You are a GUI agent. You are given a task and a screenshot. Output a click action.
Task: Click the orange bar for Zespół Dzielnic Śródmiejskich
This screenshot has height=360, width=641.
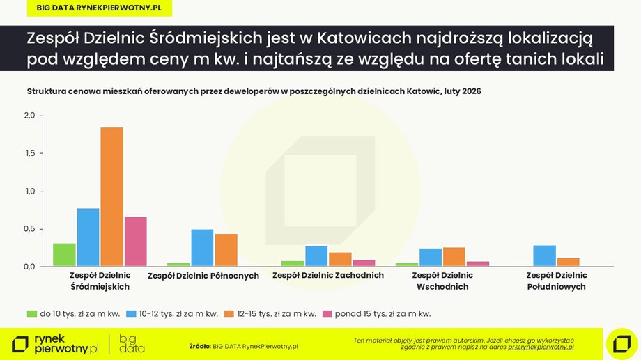coord(111,196)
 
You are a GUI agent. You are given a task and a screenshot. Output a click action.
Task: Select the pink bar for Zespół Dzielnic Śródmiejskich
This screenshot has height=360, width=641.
coord(136,241)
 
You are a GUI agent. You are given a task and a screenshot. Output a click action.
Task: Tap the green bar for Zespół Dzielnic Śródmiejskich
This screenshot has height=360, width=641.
coord(64,254)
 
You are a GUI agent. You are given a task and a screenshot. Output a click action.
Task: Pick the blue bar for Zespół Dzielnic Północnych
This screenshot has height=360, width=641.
coord(202,247)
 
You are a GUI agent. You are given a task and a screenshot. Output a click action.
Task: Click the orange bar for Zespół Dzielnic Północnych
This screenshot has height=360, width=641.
coord(226,249)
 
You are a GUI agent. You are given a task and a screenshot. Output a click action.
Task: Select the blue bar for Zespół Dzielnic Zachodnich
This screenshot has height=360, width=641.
coord(316,256)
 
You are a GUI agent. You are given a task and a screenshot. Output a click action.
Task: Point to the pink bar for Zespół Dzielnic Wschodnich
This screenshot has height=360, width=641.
coord(478,263)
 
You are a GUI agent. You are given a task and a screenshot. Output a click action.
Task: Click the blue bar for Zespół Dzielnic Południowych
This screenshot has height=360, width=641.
coord(544,256)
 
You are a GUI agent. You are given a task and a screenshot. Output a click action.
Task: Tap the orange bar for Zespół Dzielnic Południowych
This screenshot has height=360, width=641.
coord(568,262)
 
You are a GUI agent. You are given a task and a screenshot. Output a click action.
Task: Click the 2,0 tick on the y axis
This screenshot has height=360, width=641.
coord(29,115)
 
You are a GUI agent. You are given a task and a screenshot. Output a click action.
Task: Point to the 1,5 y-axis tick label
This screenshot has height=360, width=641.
coord(29,153)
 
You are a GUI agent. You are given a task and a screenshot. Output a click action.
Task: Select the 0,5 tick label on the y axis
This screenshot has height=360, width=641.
coord(29,229)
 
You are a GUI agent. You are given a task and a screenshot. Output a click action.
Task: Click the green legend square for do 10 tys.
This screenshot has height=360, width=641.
coord(32,313)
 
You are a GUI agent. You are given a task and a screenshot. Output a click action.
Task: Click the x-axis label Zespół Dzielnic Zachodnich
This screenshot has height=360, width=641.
coord(327,276)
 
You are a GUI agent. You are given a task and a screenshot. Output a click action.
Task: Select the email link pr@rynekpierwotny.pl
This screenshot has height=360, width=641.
coord(541,346)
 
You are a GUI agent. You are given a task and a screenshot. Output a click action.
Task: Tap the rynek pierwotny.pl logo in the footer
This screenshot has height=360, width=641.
coord(56,343)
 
